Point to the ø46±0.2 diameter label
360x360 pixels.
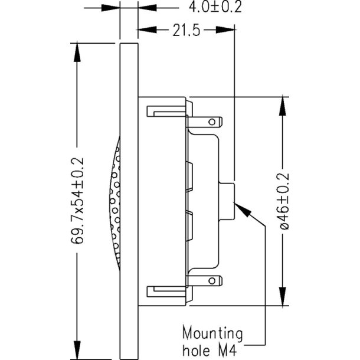pyautogui.click(x=284, y=201)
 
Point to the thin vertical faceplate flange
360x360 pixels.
pyautogui.click(x=129, y=201)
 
